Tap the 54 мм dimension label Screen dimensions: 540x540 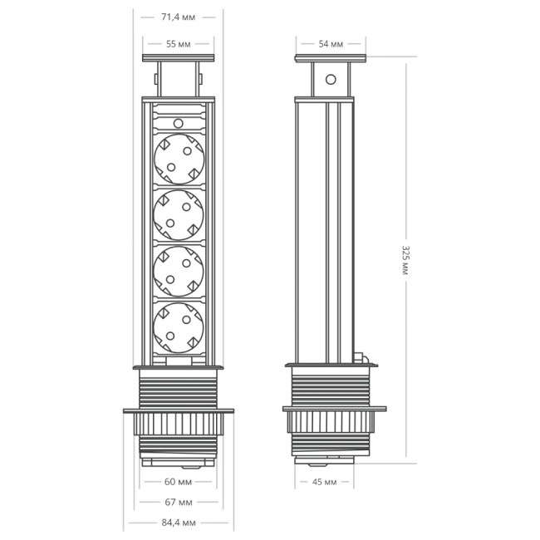[x=331, y=43]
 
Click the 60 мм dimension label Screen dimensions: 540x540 [x=179, y=481]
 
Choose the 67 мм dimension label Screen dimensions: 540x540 [x=179, y=502]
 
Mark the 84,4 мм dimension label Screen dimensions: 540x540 [x=178, y=523]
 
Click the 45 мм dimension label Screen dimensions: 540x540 [x=324, y=481]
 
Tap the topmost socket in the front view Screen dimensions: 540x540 [x=179, y=158]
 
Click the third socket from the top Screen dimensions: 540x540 [x=179, y=270]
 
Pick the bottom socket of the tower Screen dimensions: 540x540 [x=179, y=326]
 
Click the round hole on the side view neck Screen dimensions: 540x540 [x=331, y=80]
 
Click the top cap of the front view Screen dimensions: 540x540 [x=179, y=59]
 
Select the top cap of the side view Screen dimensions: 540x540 [x=331, y=59]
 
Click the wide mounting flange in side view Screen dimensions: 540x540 [x=334, y=409]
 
